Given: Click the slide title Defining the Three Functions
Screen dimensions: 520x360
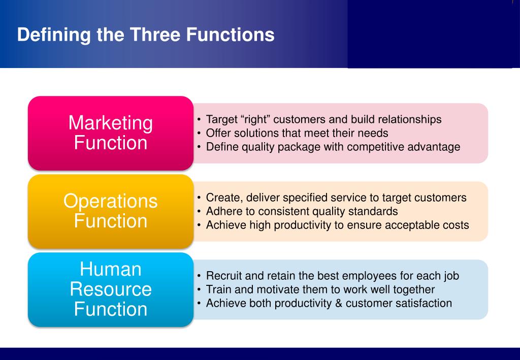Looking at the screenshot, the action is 145,35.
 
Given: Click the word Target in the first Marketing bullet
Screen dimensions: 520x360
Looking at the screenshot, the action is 221,120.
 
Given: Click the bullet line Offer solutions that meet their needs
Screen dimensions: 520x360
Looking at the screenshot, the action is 297,134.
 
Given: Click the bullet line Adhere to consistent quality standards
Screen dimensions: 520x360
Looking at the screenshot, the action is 302,211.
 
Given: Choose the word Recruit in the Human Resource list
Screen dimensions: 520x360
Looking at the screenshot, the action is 225,276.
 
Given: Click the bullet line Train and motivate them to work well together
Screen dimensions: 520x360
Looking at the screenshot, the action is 320,290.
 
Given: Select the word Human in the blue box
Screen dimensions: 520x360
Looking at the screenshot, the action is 111,269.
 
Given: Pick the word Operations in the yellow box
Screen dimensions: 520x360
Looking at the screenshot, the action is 111,202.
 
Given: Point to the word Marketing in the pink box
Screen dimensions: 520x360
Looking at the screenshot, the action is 111,123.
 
